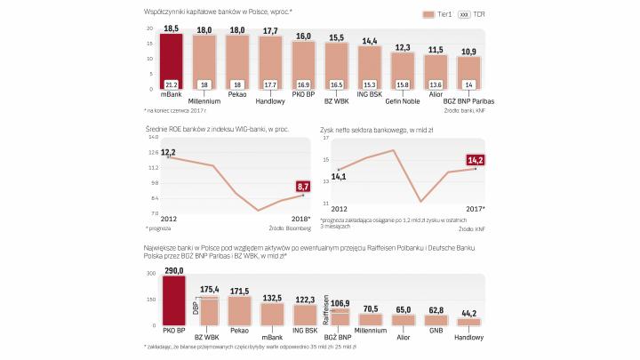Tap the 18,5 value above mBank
[x=172, y=29]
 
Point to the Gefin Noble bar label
[x=403, y=101]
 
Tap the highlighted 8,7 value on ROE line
[x=302, y=187]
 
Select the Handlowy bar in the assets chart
[x=468, y=321]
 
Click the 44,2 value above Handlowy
[x=468, y=310]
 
